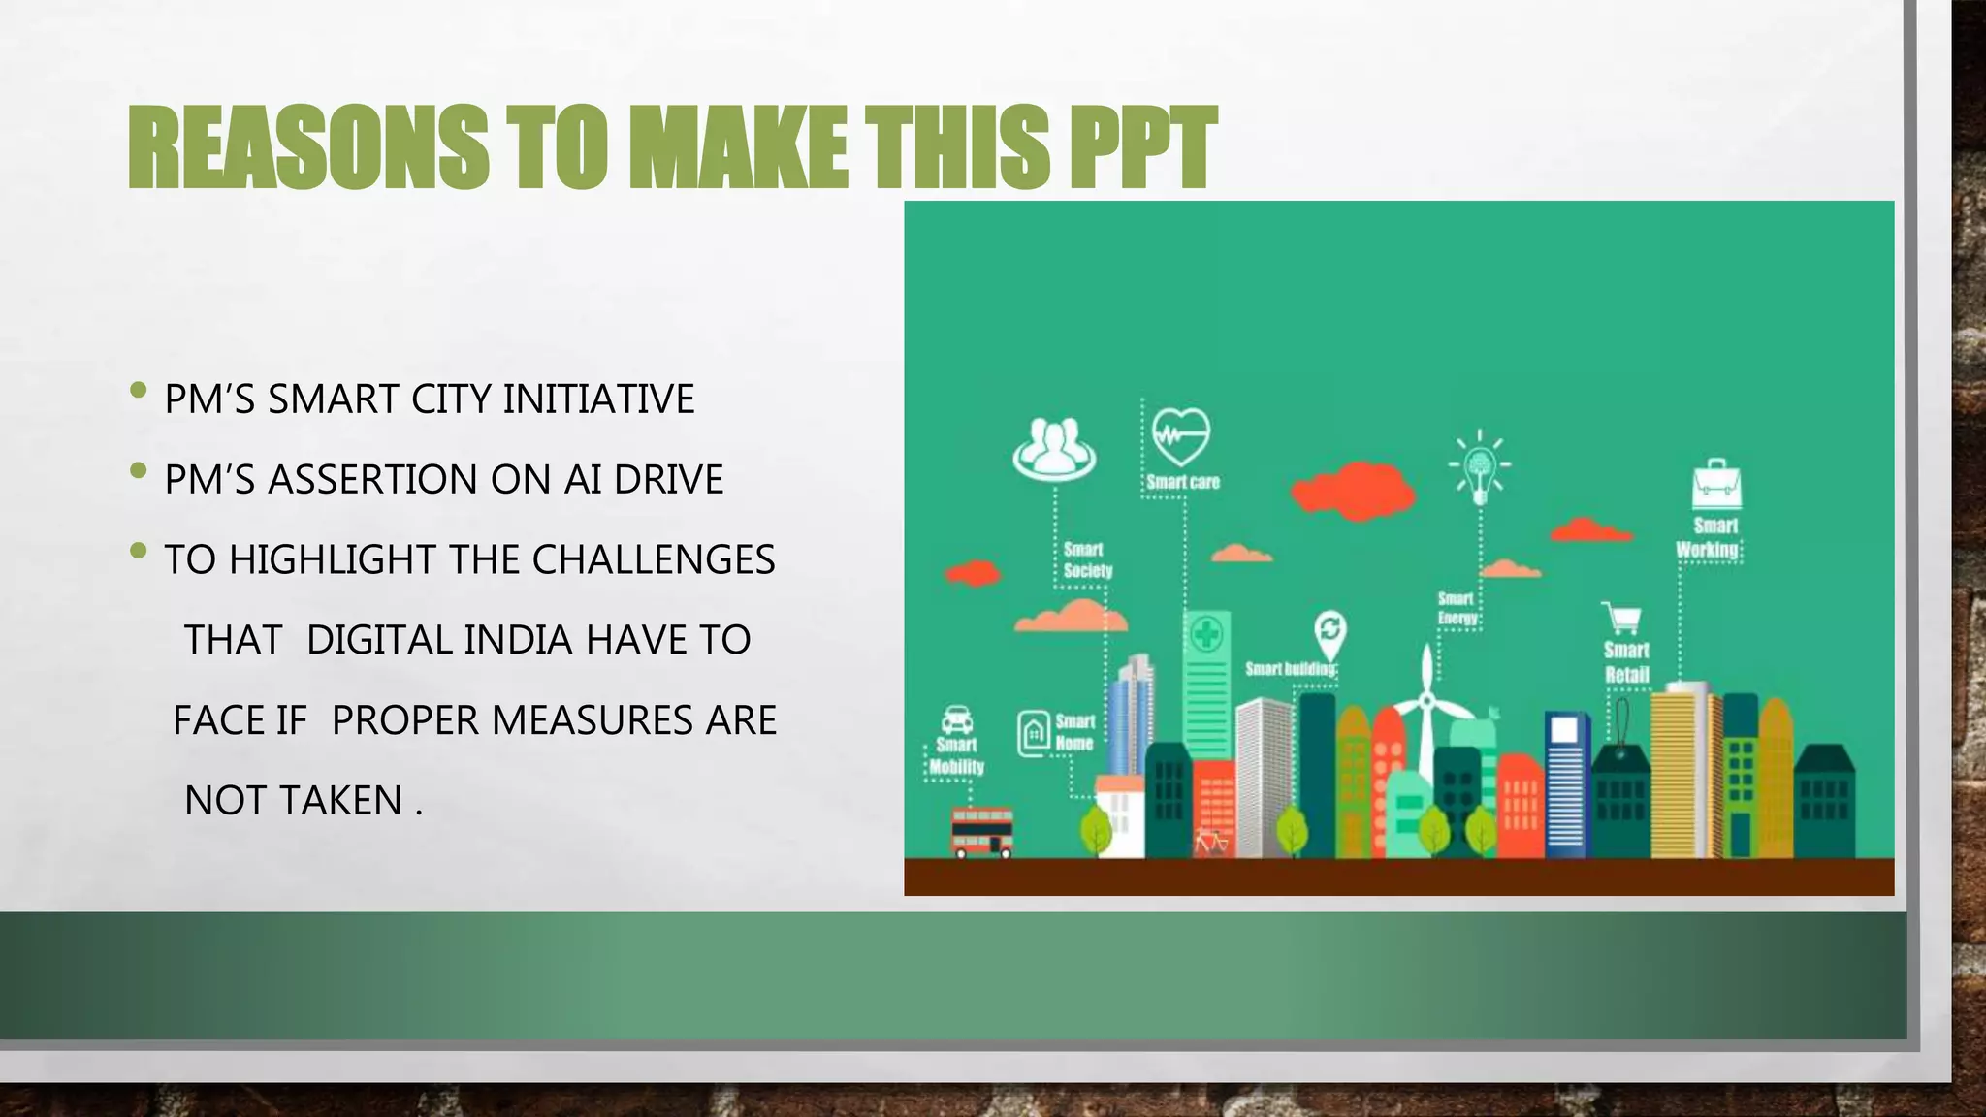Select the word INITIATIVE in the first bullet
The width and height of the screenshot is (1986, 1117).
coord(598,399)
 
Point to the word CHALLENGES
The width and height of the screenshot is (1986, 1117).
coord(653,560)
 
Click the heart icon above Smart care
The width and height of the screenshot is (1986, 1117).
coord(1181,437)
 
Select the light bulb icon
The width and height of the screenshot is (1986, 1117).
coord(1479,468)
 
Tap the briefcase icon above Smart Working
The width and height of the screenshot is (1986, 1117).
coord(1716,485)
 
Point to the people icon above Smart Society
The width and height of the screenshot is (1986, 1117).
coord(1054,449)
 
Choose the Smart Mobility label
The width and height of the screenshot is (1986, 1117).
coord(956,756)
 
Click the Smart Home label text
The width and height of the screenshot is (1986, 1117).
coord(1074,733)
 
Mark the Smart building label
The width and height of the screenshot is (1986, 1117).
coord(1290,669)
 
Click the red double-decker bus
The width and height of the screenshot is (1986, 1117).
coord(982,833)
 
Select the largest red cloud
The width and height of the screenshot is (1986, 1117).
coord(1352,490)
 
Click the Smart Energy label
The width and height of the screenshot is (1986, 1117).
coord(1457,609)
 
